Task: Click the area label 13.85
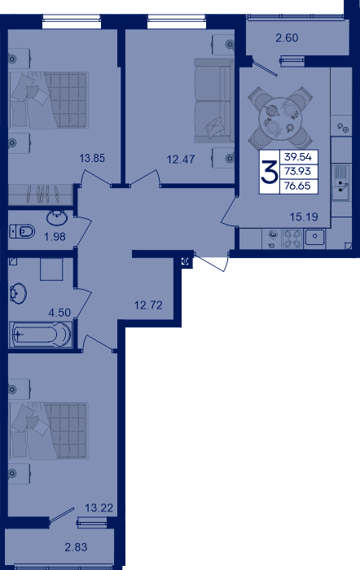coord(92,158)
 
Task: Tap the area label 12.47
coord(181,160)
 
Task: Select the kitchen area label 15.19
coord(304,217)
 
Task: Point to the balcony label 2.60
coord(287,37)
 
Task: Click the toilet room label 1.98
coord(55,237)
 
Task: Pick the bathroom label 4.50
coord(59,313)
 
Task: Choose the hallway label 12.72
coord(148,305)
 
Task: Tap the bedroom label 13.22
coord(99,507)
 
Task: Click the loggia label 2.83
coord(76,547)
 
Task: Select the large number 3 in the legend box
coord(269,172)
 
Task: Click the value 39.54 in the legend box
coord(298,157)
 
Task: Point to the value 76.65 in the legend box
coord(298,186)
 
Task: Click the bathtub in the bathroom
coord(41,335)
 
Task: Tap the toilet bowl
coord(23,231)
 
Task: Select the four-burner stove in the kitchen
coord(292,239)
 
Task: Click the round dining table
coord(280,118)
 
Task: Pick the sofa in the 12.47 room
coord(214,101)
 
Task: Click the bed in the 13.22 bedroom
coord(49,431)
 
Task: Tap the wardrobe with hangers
coord(41,195)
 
